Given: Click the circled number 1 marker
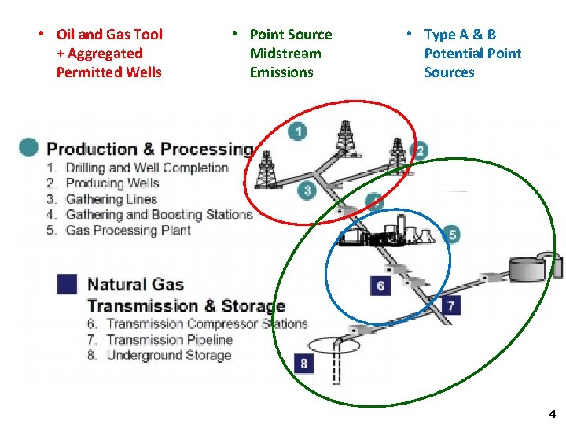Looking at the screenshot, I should point(297,131).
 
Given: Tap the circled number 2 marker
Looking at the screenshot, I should point(420,151).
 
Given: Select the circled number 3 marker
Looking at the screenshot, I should point(307,190).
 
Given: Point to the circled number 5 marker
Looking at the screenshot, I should point(450,234).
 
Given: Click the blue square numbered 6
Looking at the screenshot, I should point(380,285).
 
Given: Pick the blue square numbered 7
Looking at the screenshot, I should point(450,305).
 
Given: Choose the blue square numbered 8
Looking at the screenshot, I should point(304,363).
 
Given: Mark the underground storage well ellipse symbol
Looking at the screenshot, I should point(333,345).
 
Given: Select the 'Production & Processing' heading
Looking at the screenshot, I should point(149,149).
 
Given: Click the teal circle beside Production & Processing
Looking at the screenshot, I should point(29,147).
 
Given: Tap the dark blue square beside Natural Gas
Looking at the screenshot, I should point(67,284).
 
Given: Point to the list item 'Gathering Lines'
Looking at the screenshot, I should point(111,199).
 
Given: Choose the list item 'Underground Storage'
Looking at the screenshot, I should point(168,355).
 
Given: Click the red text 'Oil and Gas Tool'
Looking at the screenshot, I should point(109,35).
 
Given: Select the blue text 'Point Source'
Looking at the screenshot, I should point(290,35).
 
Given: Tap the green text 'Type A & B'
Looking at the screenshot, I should point(460,35).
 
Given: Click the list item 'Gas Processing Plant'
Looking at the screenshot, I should point(128,230).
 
